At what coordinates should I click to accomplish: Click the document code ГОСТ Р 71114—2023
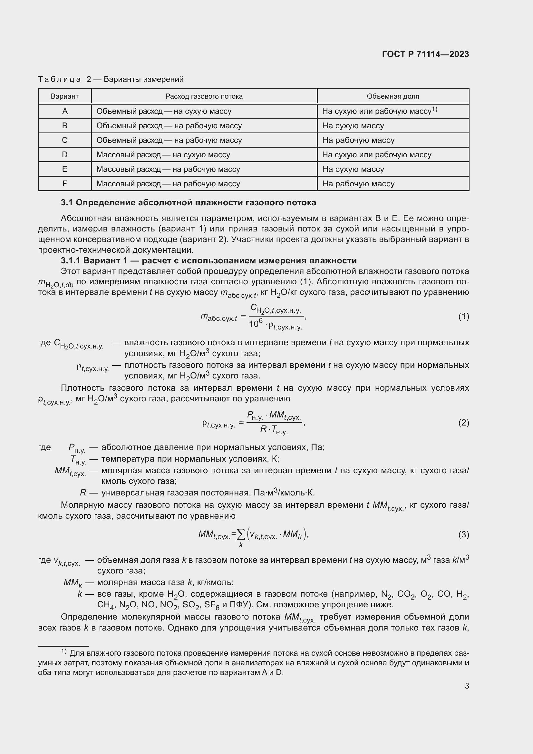(425, 54)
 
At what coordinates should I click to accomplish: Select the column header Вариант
(65, 96)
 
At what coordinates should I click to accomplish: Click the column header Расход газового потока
(204, 96)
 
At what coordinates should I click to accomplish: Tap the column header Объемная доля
(393, 96)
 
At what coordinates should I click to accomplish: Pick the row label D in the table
(65, 155)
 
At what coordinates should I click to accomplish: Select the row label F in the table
(65, 183)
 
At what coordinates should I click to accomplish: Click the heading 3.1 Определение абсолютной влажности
(189, 203)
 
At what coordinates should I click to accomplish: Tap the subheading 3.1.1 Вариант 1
(209, 260)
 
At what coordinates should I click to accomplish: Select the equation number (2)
(463, 423)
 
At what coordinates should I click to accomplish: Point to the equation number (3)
(463, 534)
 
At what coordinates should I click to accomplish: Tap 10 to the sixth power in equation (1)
(255, 323)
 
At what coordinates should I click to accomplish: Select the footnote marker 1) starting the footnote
(64, 651)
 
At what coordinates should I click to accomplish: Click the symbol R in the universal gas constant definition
(83, 493)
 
